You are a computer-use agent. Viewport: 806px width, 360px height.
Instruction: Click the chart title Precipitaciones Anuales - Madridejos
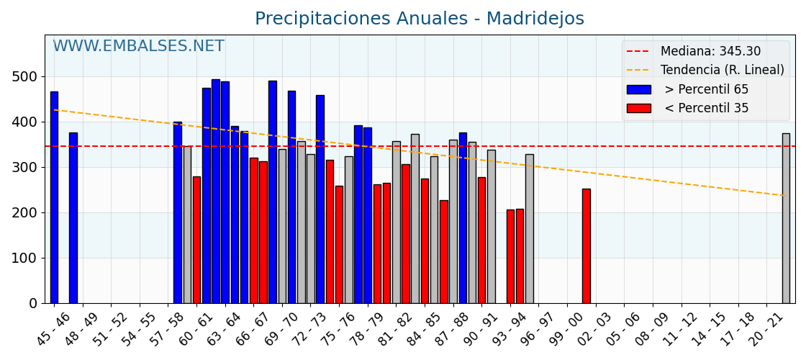(420, 19)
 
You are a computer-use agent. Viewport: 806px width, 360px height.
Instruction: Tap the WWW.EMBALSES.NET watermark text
(138, 47)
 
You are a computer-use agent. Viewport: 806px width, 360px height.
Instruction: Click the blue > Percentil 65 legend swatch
(638, 90)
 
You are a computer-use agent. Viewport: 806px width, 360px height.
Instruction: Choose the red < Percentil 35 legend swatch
(638, 109)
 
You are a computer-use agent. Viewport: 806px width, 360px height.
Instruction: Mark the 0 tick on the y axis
(32, 304)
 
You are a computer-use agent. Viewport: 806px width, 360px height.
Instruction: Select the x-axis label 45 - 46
(53, 328)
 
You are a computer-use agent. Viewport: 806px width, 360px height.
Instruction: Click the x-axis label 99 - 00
(566, 328)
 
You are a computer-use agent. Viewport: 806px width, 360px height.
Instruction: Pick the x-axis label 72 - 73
(309, 328)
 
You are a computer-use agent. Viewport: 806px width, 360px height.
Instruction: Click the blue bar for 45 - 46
(54, 197)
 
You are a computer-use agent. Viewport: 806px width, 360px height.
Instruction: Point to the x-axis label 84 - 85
(424, 328)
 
